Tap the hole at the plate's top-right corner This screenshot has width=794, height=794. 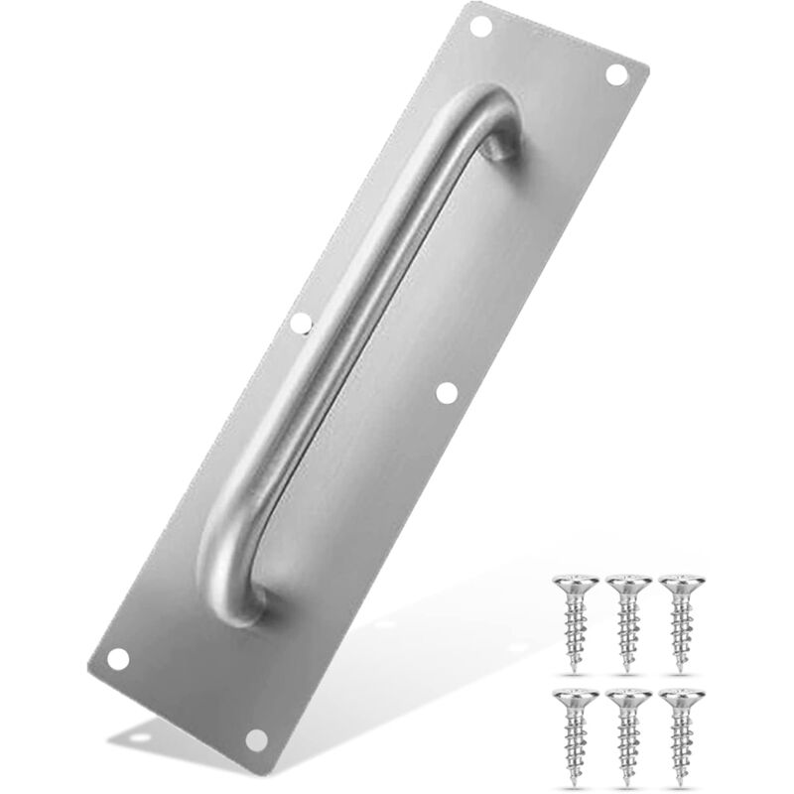click(616, 74)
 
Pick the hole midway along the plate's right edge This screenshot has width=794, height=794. click(447, 393)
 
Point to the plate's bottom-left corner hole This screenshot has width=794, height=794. click(118, 658)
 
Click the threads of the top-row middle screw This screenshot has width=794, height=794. click(626, 625)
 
